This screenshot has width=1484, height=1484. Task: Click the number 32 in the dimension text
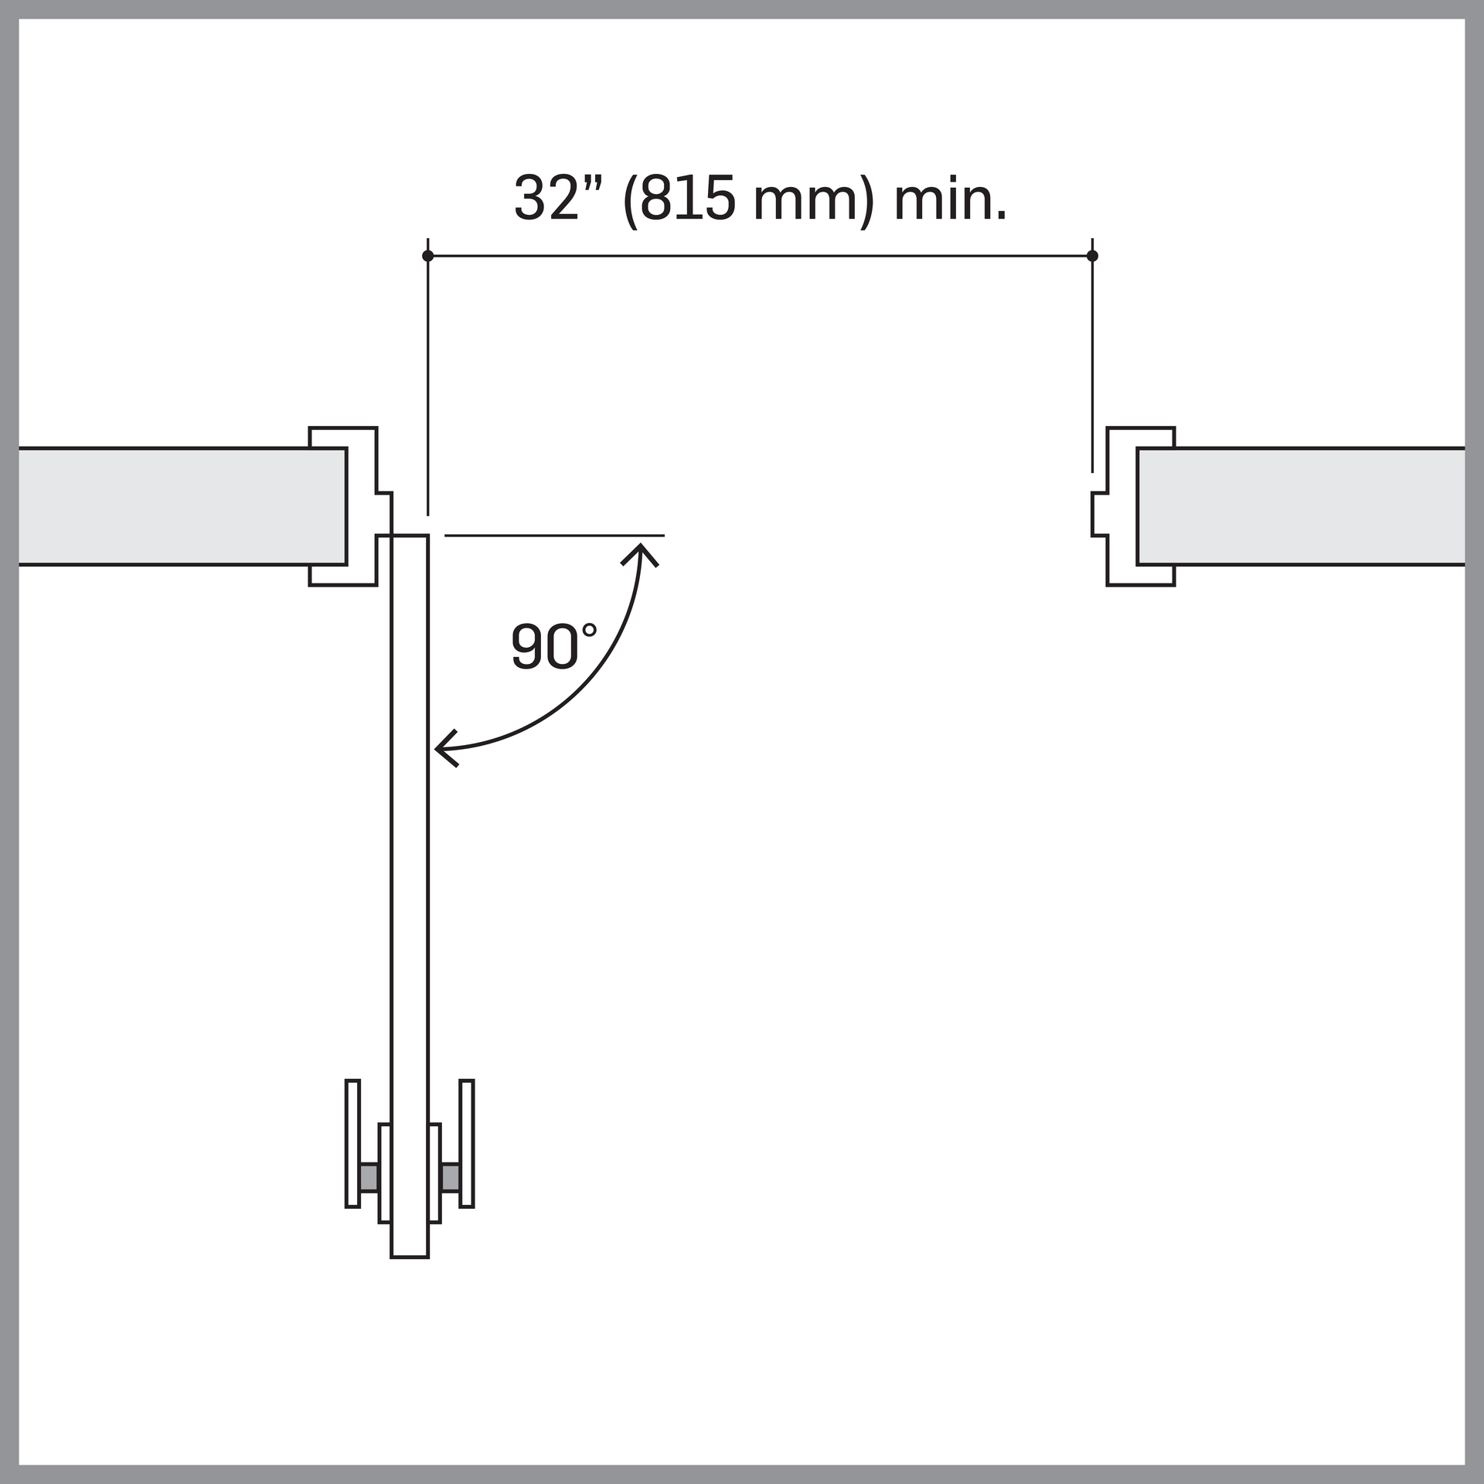click(x=546, y=199)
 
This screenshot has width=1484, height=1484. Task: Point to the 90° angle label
click(x=553, y=646)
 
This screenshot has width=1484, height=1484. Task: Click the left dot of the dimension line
click(x=427, y=256)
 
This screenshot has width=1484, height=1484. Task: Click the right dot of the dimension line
click(x=1092, y=256)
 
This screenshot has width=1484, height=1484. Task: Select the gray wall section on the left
click(x=178, y=506)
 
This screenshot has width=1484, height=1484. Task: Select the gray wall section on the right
click(x=1306, y=506)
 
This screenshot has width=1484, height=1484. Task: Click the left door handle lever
click(x=352, y=1143)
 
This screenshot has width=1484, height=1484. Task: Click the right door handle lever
click(x=467, y=1143)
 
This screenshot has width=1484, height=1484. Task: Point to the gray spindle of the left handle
click(x=369, y=1177)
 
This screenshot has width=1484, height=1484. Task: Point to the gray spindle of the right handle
click(x=450, y=1177)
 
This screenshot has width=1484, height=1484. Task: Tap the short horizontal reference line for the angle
click(x=553, y=536)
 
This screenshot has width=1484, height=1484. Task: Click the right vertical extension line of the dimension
click(x=1092, y=363)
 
